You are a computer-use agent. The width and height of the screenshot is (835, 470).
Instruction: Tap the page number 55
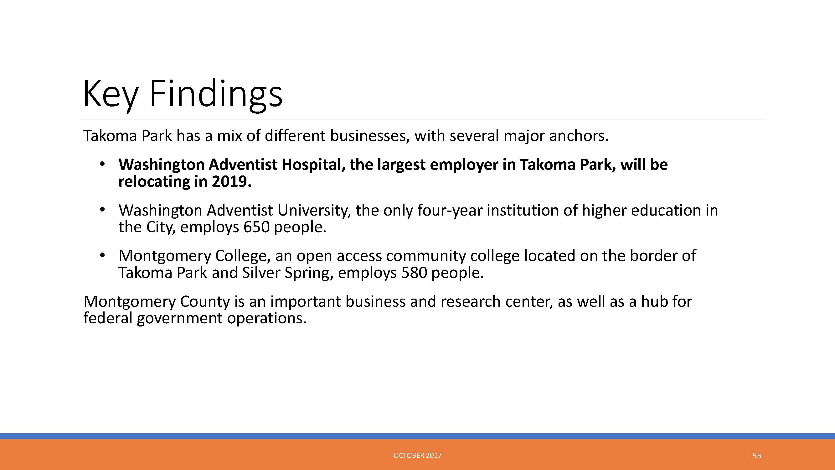click(x=756, y=456)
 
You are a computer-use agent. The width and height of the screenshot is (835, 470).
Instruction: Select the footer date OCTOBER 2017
click(x=417, y=455)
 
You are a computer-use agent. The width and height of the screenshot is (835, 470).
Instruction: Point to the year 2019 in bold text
click(x=231, y=181)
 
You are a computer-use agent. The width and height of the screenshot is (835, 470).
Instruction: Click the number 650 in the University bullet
click(x=256, y=227)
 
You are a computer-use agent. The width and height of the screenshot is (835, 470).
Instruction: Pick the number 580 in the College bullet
click(x=414, y=273)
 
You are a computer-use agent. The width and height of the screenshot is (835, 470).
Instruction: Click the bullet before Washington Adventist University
click(x=102, y=210)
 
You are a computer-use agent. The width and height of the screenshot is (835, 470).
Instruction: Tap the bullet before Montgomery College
click(x=102, y=255)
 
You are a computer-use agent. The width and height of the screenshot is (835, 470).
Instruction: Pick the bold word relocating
click(x=154, y=182)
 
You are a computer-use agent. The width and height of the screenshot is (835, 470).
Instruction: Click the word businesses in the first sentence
click(x=368, y=136)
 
